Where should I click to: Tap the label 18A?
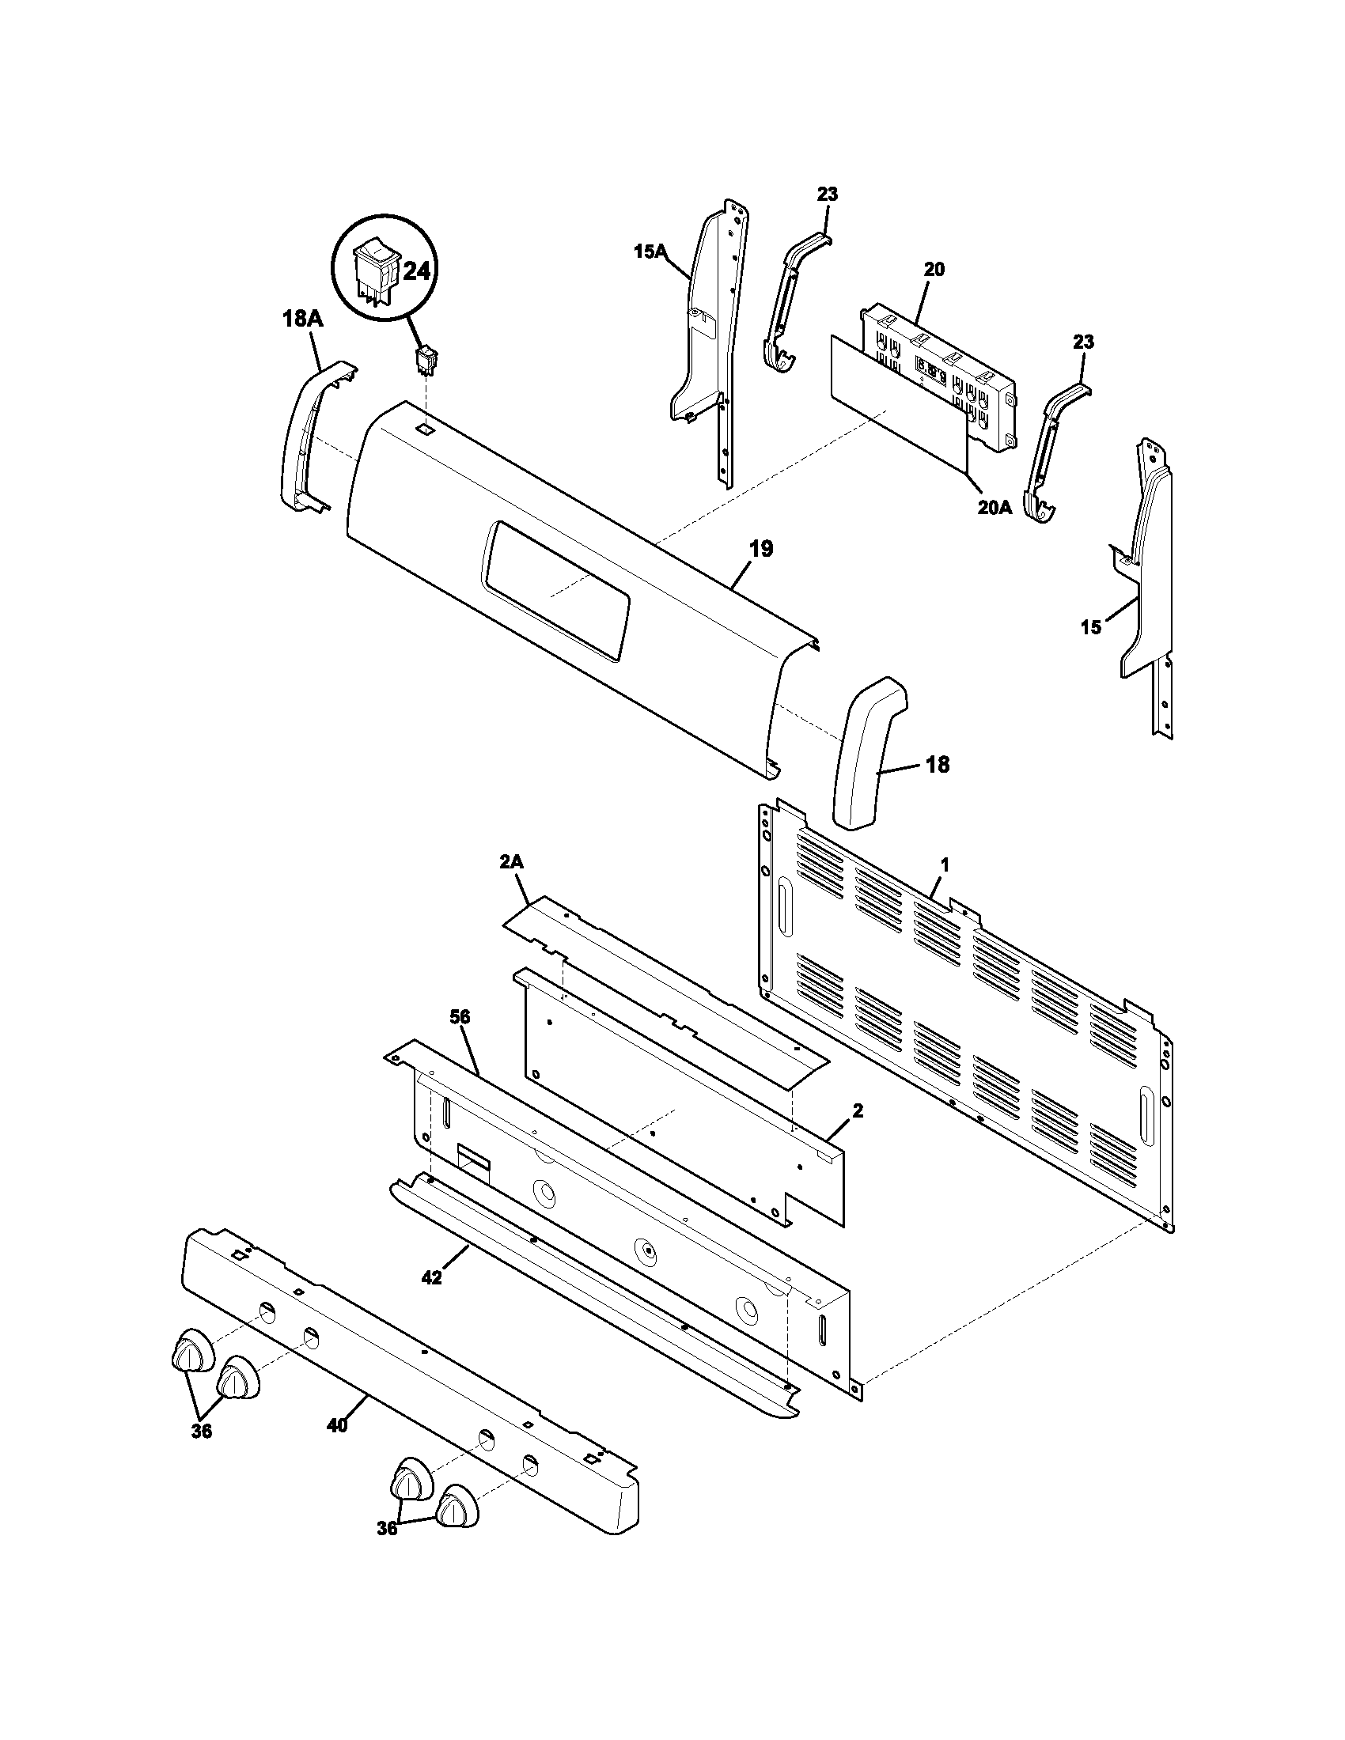(302, 320)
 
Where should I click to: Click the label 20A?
(995, 507)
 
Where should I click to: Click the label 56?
(460, 1016)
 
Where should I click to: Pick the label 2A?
(512, 864)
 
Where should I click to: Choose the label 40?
(337, 1425)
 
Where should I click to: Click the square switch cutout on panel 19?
(426, 429)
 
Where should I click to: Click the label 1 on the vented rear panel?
(944, 864)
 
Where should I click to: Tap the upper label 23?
(827, 195)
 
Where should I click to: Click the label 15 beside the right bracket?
(1090, 627)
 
